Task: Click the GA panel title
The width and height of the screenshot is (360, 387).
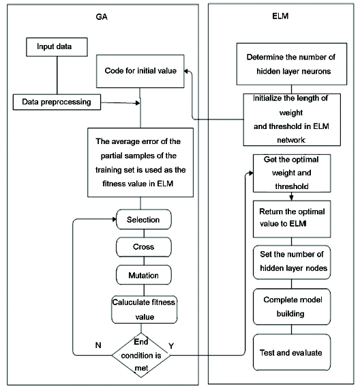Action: click(102, 17)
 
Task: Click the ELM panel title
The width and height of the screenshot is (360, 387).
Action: click(280, 16)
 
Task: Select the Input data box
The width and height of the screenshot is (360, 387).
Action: click(57, 47)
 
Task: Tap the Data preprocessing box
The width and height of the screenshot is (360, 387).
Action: click(57, 102)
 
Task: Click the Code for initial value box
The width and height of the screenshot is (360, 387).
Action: click(140, 71)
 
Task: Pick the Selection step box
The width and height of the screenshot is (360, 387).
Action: click(143, 219)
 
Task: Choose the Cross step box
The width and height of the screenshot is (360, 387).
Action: click(143, 247)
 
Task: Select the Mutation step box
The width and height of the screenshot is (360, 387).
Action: click(143, 275)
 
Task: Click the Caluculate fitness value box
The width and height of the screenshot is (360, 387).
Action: click(144, 309)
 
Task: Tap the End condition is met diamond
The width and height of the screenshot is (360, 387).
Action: click(141, 355)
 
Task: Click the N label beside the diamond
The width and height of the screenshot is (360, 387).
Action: click(98, 345)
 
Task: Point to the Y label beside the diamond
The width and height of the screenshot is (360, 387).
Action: click(171, 346)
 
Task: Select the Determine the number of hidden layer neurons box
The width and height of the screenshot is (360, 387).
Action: click(292, 64)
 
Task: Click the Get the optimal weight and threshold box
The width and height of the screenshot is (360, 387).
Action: click(292, 173)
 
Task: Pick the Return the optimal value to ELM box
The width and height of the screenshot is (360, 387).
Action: click(292, 219)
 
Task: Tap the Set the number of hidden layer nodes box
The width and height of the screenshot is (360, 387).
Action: click(292, 262)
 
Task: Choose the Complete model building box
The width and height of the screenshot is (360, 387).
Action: click(292, 306)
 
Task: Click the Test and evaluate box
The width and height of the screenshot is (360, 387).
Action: click(292, 352)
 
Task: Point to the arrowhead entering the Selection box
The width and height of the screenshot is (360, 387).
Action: click(114, 219)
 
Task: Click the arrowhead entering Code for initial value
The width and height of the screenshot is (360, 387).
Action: click(186, 71)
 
